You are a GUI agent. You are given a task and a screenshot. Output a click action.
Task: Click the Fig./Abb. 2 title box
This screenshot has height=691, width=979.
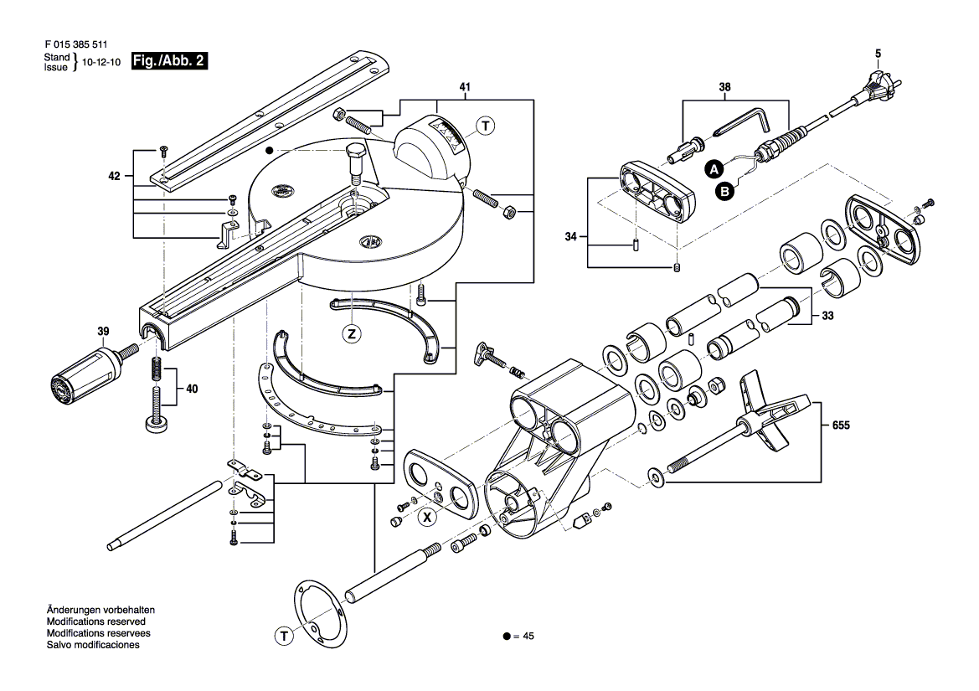(169, 61)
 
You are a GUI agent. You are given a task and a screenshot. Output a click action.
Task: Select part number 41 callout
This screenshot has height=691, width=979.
(465, 87)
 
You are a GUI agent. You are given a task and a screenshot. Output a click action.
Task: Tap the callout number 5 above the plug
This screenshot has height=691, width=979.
(878, 54)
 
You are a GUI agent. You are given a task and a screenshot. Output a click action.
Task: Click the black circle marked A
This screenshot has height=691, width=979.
(715, 168)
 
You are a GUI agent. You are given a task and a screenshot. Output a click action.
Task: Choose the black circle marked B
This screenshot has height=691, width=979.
(725, 192)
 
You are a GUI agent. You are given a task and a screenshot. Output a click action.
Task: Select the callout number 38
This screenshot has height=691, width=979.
(724, 87)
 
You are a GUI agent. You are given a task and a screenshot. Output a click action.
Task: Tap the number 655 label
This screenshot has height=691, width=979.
(841, 425)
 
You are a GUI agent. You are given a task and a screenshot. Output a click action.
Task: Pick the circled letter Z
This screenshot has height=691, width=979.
(352, 334)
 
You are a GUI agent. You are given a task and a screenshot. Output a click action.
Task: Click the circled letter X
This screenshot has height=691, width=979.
(427, 517)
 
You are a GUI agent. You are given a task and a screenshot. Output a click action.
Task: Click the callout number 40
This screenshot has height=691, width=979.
(192, 389)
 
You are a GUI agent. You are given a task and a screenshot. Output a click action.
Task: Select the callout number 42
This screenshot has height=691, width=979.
(114, 177)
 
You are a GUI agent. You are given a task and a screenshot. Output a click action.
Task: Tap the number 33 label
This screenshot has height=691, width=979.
(828, 316)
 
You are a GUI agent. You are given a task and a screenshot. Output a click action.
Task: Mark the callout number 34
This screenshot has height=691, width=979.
(570, 236)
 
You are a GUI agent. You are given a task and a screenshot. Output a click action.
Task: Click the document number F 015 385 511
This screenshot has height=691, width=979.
(76, 44)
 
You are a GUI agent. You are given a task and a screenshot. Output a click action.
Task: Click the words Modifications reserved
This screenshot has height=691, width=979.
(96, 621)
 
